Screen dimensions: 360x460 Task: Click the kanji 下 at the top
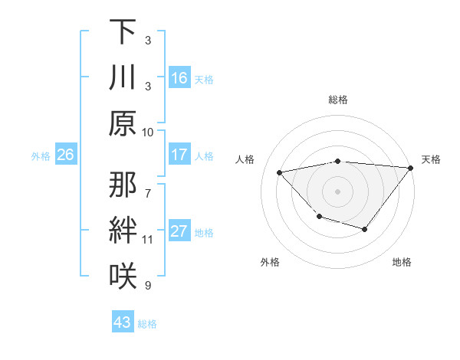coord(123,32)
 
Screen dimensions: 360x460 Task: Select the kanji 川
coord(123,77)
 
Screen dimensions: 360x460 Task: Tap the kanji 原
coord(123,123)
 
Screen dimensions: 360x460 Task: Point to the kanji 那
coord(123,185)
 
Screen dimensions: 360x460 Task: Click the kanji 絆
coord(123,230)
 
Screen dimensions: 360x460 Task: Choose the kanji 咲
coord(123,274)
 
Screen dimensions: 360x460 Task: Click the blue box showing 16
coord(179,78)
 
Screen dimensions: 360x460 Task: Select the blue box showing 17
coord(179,155)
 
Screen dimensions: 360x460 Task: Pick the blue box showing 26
coord(65,155)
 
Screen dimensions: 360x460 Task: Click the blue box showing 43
coord(123,322)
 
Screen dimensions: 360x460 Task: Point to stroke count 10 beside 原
coord(148,132)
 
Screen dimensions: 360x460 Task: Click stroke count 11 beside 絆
coord(148,240)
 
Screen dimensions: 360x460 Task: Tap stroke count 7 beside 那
coord(148,186)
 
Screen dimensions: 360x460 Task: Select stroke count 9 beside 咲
coord(148,286)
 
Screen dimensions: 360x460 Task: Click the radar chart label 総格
coord(337,100)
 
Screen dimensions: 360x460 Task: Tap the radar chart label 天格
coord(431,159)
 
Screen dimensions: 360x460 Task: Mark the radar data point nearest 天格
coord(411,168)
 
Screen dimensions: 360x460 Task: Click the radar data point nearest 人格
coord(280,172)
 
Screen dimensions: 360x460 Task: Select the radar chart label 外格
coord(270,262)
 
